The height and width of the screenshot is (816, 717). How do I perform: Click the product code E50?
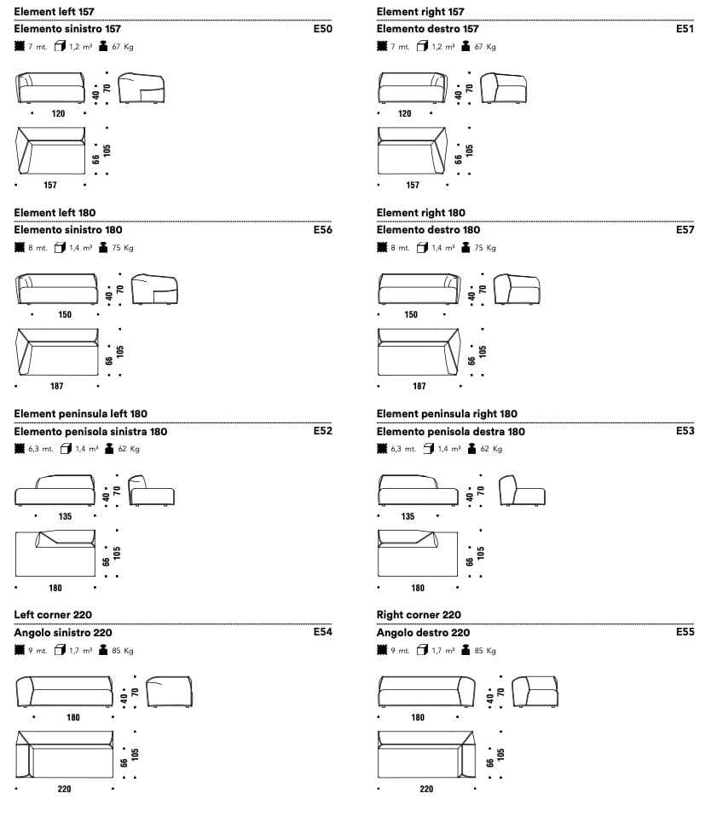(x=322, y=29)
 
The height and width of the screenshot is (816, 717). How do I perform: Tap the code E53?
(x=685, y=431)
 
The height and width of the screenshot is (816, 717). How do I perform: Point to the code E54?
(x=322, y=632)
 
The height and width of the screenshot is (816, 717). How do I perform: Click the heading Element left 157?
(x=55, y=11)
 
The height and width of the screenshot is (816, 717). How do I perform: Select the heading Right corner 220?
(x=419, y=614)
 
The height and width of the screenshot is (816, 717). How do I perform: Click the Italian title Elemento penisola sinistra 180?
(x=91, y=431)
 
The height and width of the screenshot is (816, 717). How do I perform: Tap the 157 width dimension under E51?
(x=413, y=185)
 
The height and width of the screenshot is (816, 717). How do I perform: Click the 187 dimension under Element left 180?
(x=56, y=386)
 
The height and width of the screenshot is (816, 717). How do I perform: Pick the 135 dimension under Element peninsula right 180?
(x=408, y=516)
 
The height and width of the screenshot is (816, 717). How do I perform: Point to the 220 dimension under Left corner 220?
(x=65, y=789)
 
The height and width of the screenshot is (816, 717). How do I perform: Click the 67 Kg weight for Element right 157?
(x=485, y=47)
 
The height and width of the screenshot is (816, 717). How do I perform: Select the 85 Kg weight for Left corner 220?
(x=123, y=651)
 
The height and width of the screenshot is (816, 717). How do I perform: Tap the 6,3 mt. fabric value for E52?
(x=40, y=449)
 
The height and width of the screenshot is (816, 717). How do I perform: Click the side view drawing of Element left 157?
(x=142, y=89)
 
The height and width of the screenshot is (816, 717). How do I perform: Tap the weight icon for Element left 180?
(x=104, y=248)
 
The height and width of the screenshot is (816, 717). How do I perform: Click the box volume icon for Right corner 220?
(x=423, y=651)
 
